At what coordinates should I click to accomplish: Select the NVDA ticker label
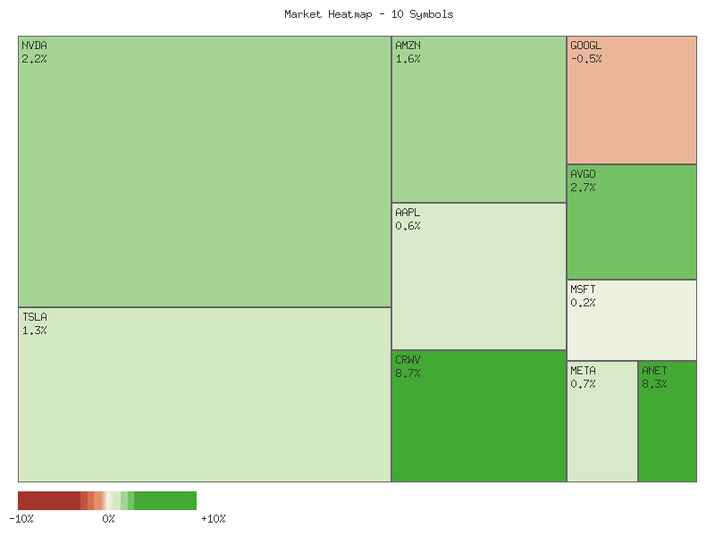pos(34,45)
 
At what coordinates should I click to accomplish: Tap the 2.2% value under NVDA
pos(34,58)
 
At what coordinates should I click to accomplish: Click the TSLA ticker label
pos(34,316)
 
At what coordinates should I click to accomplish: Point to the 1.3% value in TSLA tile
pos(34,330)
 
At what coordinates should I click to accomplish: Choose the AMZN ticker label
pos(408,45)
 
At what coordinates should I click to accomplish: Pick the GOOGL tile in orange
pos(631,107)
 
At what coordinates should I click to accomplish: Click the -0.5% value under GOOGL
pos(585,58)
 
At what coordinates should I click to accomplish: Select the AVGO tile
pos(631,228)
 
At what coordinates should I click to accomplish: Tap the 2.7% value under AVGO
pos(583,187)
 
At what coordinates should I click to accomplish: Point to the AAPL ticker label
pos(408,213)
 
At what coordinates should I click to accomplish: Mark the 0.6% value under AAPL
pos(408,226)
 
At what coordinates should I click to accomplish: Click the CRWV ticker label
pos(408,359)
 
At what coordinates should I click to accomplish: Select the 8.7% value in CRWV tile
pos(408,373)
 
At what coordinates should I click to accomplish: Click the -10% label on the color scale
pos(21,518)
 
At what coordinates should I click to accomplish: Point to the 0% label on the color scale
pos(108,518)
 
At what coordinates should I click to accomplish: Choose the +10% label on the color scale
pos(214,518)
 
